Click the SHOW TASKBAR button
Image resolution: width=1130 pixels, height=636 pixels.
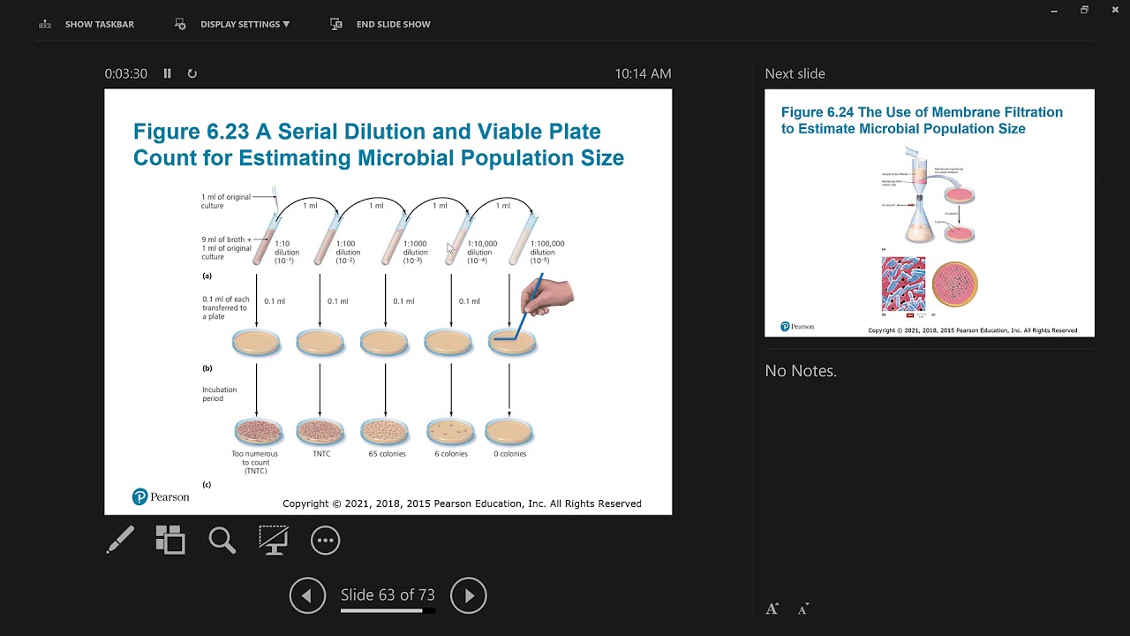click(x=87, y=24)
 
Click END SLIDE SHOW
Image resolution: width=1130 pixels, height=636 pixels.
click(x=381, y=24)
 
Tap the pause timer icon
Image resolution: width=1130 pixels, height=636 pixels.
click(x=167, y=73)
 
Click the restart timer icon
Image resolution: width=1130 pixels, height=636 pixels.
click(x=192, y=73)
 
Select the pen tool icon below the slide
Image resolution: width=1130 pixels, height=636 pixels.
click(x=120, y=540)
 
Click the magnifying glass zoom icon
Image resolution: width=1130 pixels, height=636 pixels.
click(x=222, y=540)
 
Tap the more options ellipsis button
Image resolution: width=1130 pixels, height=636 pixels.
click(x=325, y=540)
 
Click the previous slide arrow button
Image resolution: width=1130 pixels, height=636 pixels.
click(x=307, y=595)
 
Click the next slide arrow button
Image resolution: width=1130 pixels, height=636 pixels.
click(x=469, y=595)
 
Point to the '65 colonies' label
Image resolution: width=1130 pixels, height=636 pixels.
click(x=387, y=454)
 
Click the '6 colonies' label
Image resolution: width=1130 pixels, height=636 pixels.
click(x=450, y=454)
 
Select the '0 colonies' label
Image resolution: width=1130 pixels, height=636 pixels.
click(x=509, y=454)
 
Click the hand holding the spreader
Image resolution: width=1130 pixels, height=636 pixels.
click(x=548, y=296)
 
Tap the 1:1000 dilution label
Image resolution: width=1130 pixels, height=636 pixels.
click(x=415, y=252)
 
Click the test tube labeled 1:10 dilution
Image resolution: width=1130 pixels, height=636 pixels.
click(x=263, y=238)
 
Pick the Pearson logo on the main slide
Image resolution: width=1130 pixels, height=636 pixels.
click(x=161, y=497)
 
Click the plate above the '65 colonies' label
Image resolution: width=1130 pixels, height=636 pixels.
click(x=385, y=432)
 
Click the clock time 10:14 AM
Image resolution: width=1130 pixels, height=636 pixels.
click(x=643, y=73)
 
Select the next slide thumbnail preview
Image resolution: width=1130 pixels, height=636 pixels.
click(x=929, y=213)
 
